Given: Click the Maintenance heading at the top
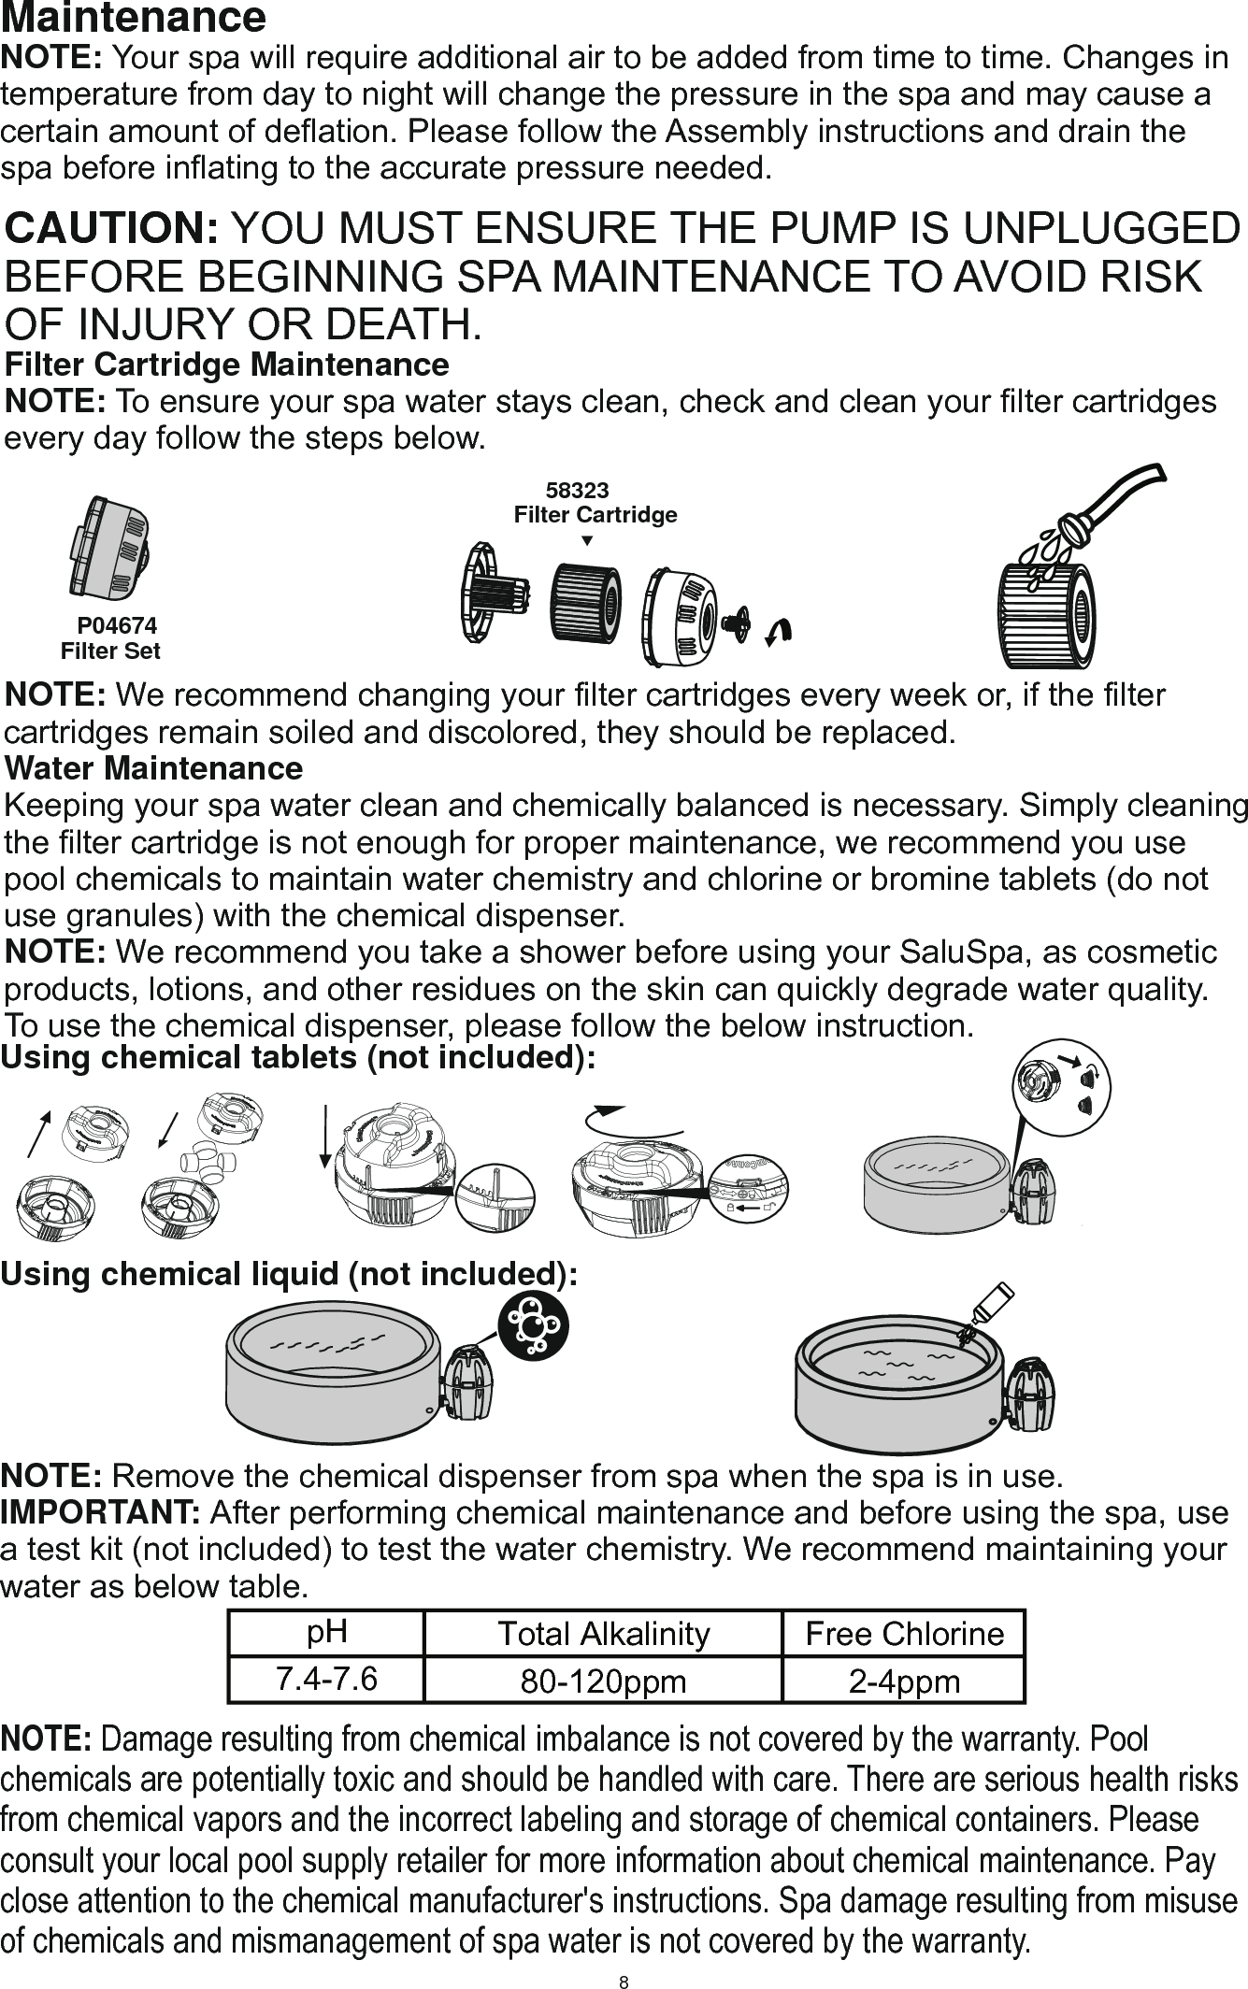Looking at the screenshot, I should [x=136, y=18].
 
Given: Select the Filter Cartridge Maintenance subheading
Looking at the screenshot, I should [x=227, y=364].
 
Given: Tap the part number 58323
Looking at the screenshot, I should [x=577, y=491].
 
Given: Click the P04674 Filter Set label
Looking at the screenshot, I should [x=111, y=638].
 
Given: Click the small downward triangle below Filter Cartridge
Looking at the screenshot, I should [x=586, y=541].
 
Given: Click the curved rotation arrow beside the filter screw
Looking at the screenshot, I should [x=779, y=632].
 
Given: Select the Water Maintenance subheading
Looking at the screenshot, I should [x=154, y=768].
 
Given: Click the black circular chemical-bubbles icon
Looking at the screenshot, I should [x=531, y=1325].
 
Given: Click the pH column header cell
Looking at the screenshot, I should [x=326, y=1632].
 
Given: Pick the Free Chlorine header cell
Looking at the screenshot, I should [x=904, y=1633].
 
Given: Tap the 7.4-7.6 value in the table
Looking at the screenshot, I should [x=326, y=1679].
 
